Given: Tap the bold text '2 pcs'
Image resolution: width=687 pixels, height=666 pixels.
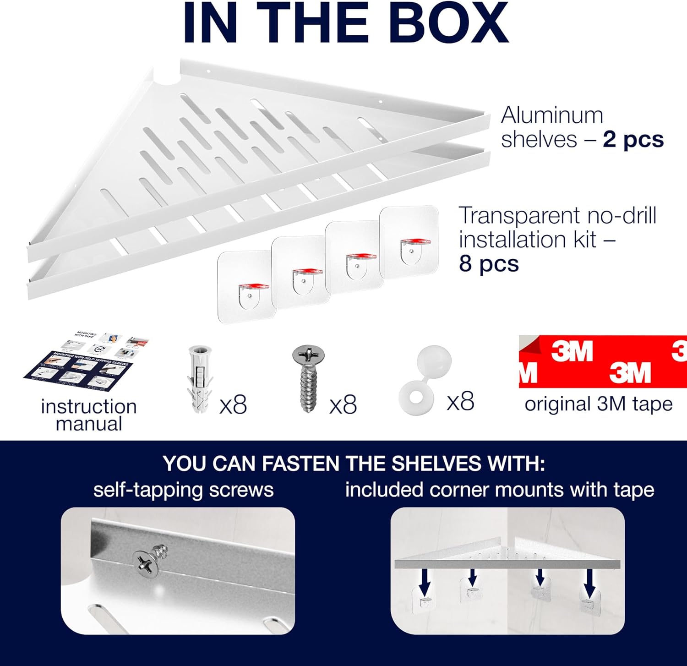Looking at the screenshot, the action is [x=633, y=140].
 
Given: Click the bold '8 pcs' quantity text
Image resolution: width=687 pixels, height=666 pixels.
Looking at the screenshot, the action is [x=489, y=264].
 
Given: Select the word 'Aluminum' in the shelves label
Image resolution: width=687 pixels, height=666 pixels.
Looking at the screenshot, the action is [x=552, y=115].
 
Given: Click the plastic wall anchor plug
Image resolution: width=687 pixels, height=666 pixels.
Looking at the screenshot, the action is [x=199, y=379].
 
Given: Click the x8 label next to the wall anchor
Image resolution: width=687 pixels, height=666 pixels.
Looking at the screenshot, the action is [x=233, y=405].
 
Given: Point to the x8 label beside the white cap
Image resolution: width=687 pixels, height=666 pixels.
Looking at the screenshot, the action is [x=460, y=402].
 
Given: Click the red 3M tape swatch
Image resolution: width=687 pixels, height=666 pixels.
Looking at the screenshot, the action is [x=602, y=362].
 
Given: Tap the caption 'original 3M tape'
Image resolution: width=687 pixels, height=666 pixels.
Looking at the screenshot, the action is [x=598, y=404].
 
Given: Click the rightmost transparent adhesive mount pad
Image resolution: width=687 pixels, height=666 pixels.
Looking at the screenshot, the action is [x=409, y=242].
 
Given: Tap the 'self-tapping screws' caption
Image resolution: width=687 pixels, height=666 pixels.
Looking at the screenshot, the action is [x=183, y=490].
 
